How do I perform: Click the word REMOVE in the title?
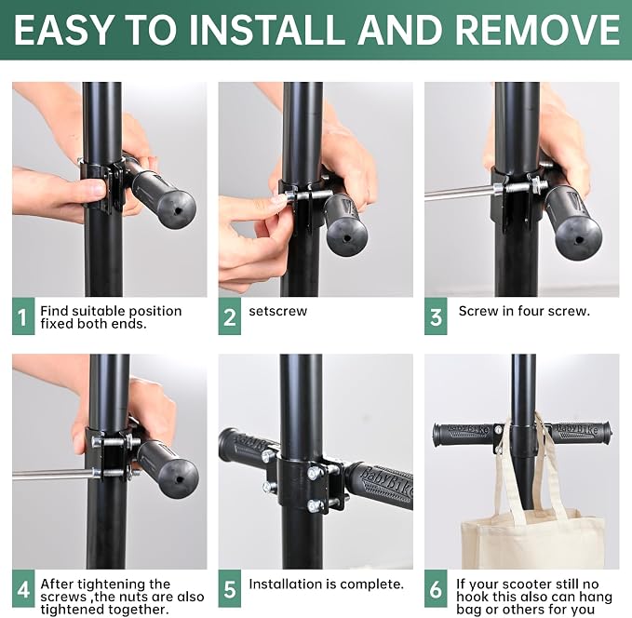coord(537,30)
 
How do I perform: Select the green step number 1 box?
coord(23,316)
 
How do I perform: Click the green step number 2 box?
coord(229,316)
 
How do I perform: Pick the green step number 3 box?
coord(436,316)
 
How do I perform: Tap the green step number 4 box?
coord(23,588)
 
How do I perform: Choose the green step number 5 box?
coord(229,588)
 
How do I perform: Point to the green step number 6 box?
coord(436,588)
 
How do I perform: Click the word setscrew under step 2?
coord(277,311)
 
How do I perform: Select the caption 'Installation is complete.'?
coord(326,584)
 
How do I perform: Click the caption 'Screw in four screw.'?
coord(524,311)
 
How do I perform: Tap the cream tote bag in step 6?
coord(532,532)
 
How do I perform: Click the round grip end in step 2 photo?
coord(346,237)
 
